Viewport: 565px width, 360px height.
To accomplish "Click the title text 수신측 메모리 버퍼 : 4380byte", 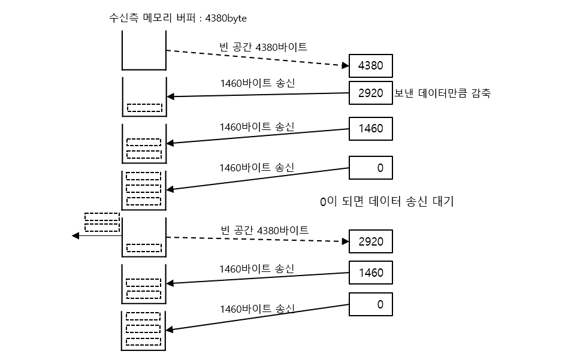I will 177,19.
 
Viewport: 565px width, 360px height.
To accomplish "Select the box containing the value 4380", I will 370,66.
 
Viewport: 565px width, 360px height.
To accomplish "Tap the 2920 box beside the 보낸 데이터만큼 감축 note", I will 370,93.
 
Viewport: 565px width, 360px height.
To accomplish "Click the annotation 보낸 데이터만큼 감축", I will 442,93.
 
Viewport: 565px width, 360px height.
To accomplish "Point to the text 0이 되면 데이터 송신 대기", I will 387,202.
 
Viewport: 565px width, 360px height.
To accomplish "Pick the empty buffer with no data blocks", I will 144,52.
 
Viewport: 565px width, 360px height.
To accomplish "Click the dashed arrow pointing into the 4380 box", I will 258,58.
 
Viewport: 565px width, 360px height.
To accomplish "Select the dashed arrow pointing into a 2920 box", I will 258,240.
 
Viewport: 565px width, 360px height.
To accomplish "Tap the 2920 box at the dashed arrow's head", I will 370,241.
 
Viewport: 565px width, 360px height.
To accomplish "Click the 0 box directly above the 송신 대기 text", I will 370,168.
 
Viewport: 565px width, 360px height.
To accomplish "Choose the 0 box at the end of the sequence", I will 370,304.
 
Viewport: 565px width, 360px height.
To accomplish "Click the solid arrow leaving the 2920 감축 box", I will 258,95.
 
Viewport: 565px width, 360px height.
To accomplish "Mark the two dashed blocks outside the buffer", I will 102,222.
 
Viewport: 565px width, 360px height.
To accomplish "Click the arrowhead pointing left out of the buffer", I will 75,236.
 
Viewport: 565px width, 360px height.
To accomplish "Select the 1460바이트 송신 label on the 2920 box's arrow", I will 257,83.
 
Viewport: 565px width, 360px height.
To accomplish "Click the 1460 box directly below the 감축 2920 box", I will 370,129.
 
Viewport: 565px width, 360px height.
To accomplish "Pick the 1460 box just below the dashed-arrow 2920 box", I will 370,273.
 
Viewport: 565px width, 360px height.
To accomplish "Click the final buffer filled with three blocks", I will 144,331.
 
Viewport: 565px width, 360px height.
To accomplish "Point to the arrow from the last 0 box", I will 258,318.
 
